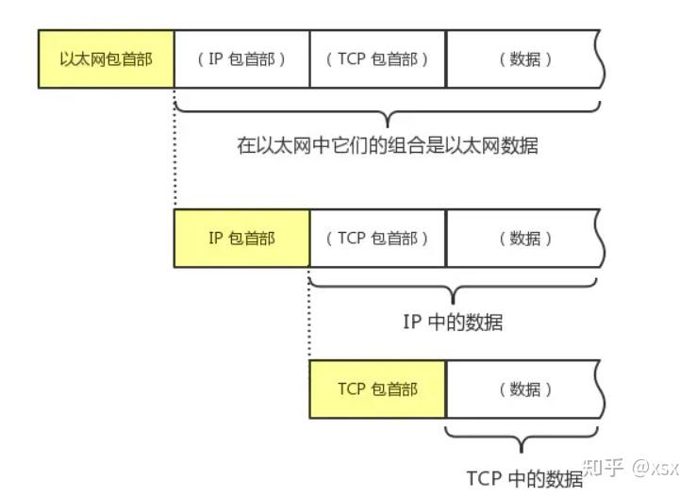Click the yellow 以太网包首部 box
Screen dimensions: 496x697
click(106, 58)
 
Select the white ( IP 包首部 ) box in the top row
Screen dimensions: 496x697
click(241, 58)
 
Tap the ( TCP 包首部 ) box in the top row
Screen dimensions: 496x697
click(377, 58)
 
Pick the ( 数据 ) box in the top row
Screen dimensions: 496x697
click(523, 58)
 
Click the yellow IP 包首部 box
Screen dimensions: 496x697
click(241, 238)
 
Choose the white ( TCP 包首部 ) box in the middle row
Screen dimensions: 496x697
click(377, 238)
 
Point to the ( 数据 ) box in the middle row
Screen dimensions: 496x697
click(523, 238)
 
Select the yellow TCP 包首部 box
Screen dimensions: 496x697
click(377, 389)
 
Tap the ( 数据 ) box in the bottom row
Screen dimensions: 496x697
click(523, 389)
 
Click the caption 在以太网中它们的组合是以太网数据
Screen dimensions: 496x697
click(387, 146)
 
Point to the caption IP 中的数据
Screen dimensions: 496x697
click(453, 322)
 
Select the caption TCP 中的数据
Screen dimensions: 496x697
click(524, 477)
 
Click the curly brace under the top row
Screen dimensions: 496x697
click(387, 112)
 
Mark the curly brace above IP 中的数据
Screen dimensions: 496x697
click(455, 287)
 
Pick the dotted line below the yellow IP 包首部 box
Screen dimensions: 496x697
click(309, 311)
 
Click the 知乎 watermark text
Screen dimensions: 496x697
click(604, 468)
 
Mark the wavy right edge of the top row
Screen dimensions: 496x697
click(600, 58)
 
